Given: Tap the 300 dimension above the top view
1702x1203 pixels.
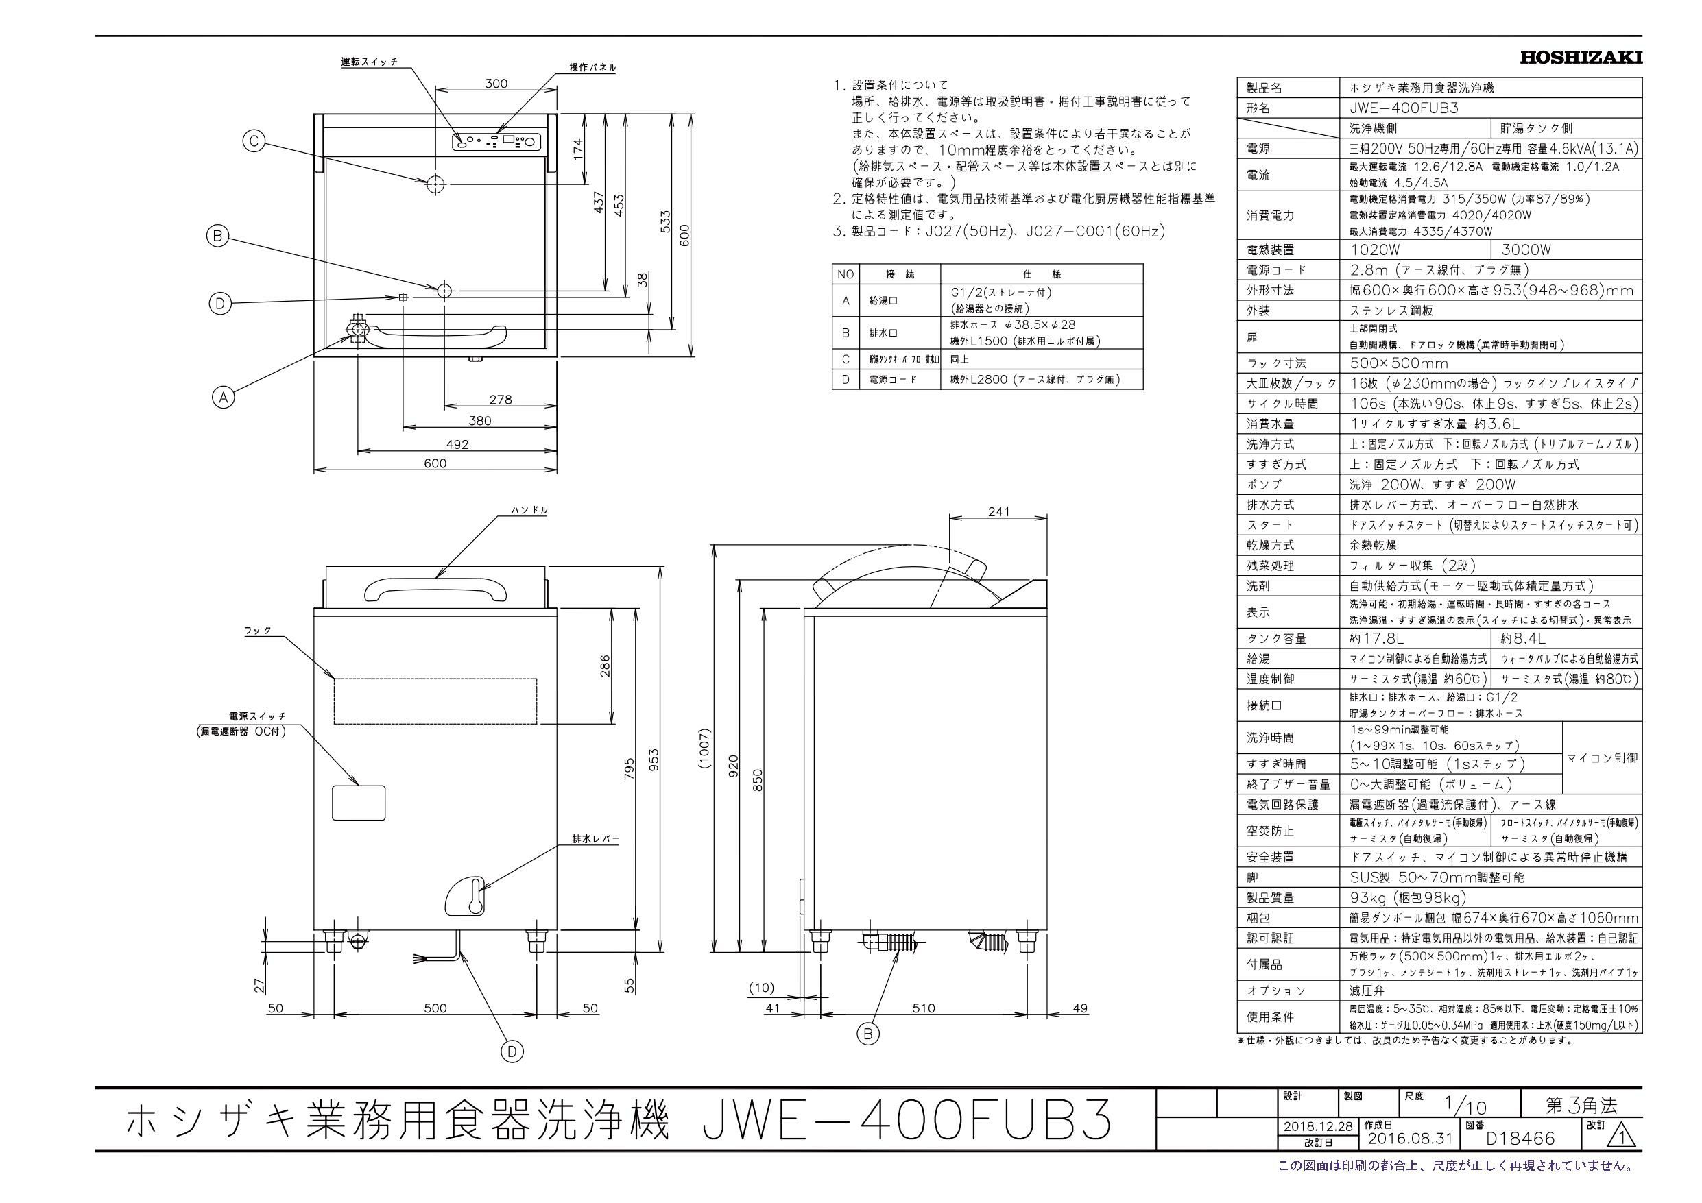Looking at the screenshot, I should (x=496, y=84).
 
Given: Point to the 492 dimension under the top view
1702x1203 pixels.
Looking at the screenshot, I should (x=457, y=444).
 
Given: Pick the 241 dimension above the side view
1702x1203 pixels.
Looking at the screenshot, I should (x=998, y=512).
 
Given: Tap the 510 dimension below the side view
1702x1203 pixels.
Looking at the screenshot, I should (x=924, y=1008).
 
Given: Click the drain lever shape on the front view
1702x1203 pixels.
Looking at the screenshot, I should (x=466, y=899).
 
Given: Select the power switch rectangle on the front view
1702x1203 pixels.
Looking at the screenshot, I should (x=359, y=802).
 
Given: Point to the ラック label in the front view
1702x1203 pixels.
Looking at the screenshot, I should (x=258, y=631).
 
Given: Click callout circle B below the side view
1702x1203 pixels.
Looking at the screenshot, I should (x=868, y=1032).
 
